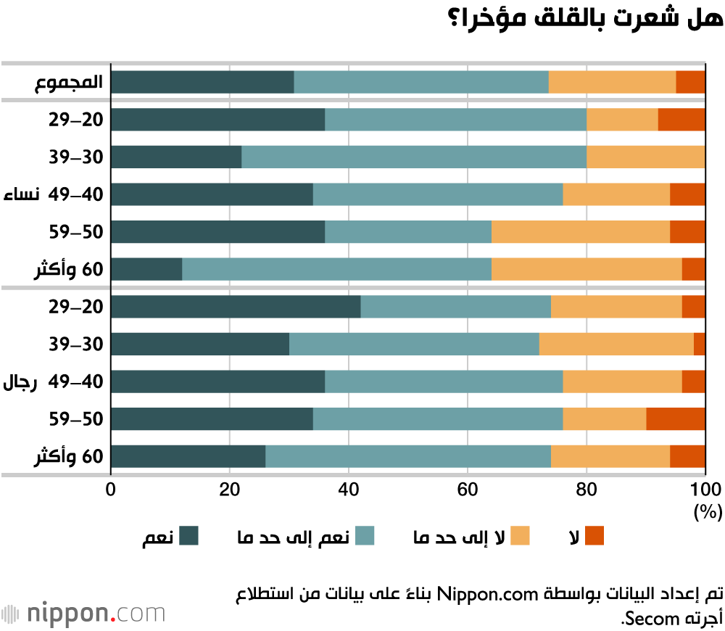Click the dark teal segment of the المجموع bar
202,82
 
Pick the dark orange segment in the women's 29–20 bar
681,119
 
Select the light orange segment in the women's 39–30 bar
645,157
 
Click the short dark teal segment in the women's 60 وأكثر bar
146,269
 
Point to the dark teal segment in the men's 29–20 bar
236,307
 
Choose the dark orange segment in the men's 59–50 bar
675,419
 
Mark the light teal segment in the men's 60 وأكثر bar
408,456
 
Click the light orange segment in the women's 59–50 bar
580,231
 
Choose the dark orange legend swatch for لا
594,536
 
